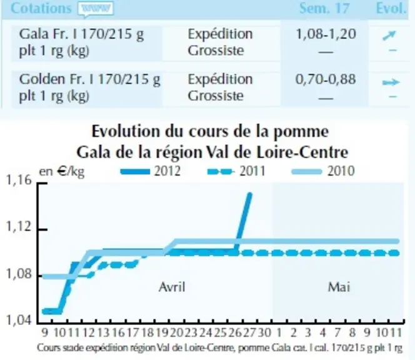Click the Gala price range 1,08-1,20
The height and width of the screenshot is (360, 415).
[x=326, y=34]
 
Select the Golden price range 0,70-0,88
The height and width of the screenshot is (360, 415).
[x=326, y=79]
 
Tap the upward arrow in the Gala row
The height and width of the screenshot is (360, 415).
[x=389, y=35]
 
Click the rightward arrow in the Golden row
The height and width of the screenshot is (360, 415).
[x=391, y=82]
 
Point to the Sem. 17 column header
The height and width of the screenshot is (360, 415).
[x=324, y=8]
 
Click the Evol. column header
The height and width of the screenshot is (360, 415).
[x=391, y=8]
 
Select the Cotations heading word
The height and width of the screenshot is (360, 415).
[x=41, y=8]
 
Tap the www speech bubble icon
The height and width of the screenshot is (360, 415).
[x=96, y=9]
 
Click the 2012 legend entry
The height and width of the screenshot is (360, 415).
[x=151, y=171]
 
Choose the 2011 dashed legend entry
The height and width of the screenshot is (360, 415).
[x=236, y=171]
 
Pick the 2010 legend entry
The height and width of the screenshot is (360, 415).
[x=322, y=171]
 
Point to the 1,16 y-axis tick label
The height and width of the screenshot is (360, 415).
[x=19, y=180]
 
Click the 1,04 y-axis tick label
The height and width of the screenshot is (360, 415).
[x=18, y=320]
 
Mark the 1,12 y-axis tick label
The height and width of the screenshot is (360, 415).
[x=19, y=226]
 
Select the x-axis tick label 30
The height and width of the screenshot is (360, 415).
[x=264, y=332]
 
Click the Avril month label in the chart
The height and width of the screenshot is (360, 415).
[x=172, y=287]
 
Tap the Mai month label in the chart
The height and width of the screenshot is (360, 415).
[x=339, y=287]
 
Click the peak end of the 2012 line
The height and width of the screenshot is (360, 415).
[x=249, y=194]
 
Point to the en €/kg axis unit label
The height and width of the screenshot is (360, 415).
[x=62, y=172]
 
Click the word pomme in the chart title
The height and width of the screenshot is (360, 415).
[x=301, y=132]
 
